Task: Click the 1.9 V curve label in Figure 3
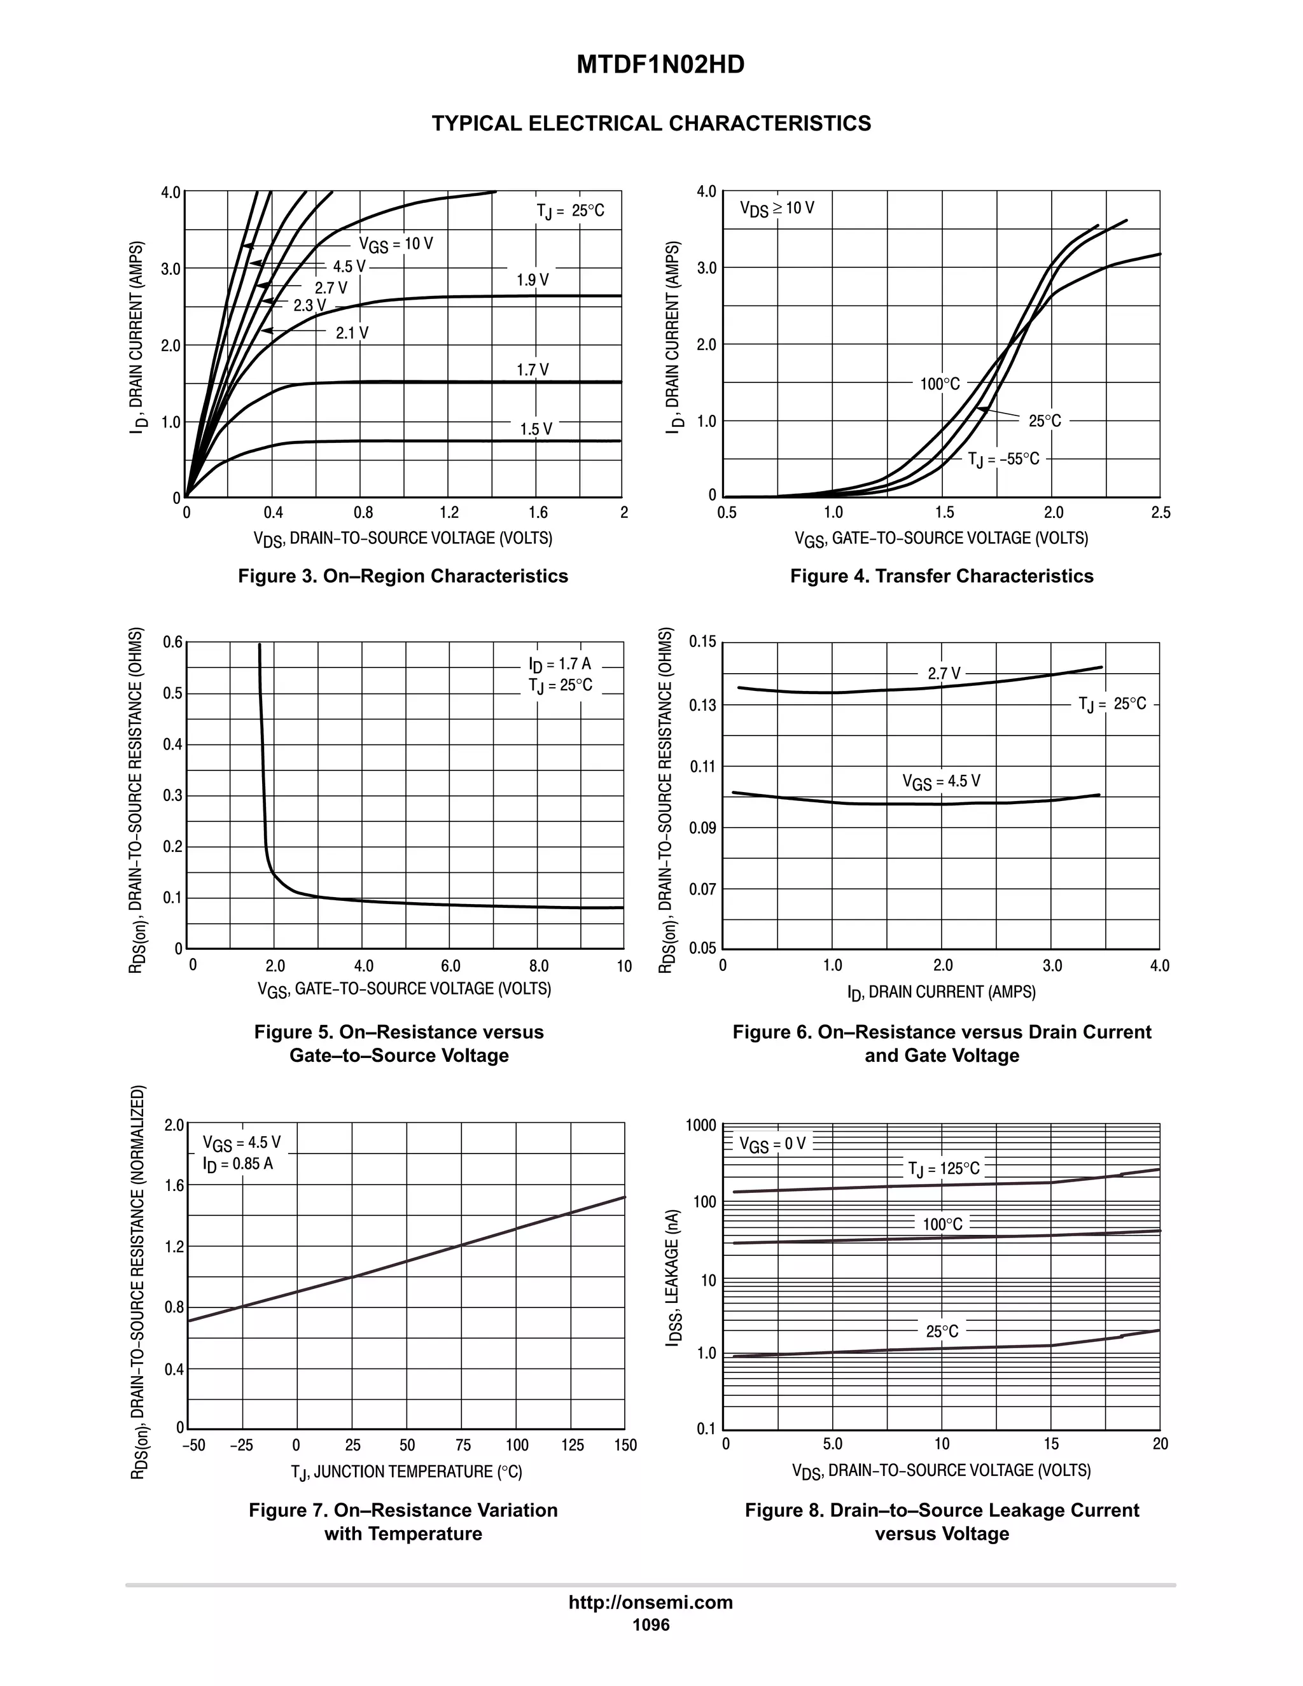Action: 533,280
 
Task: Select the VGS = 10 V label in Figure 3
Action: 396,245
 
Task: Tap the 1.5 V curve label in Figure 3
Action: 536,429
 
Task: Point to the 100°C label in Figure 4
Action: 940,384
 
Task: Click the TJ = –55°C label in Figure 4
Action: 1003,459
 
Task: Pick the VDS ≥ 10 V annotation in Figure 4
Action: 777,209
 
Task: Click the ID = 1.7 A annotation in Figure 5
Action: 560,664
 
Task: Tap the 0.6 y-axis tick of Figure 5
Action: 173,643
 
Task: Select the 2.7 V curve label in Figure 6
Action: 944,673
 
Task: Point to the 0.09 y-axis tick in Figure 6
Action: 702,828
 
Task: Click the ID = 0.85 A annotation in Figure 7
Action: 238,1164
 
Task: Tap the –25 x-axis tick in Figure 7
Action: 242,1445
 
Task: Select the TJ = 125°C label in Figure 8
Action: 944,1169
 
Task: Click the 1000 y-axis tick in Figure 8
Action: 701,1125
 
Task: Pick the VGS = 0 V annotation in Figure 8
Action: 772,1143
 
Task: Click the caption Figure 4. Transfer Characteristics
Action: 941,576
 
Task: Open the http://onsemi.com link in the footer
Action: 651,1602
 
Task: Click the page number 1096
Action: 651,1624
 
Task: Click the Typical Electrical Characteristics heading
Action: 651,123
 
